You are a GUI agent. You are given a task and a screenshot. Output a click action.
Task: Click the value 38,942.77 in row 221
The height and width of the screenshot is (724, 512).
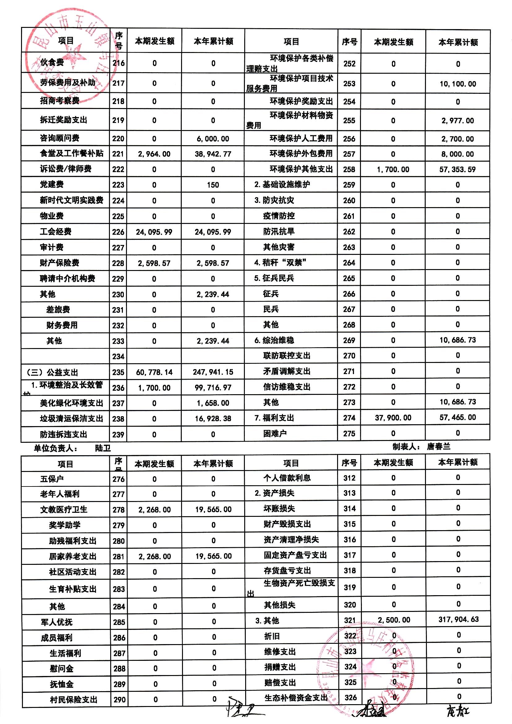pos(213,154)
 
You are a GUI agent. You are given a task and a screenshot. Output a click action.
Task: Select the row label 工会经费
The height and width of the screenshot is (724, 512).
pos(55,232)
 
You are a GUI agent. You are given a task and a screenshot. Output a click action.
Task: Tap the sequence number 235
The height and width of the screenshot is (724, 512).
pos(118,373)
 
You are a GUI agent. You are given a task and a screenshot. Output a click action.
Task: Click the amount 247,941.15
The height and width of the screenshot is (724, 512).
pos(213,373)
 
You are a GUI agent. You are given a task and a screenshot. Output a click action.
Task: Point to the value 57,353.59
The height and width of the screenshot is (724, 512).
pos(458,170)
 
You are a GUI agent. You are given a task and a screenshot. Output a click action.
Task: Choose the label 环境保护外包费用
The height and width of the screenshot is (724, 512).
pos(301,154)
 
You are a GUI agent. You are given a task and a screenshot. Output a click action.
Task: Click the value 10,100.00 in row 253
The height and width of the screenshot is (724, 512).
pos(458,84)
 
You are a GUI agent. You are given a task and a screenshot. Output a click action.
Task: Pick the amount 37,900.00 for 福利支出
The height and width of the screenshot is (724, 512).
pos(393,418)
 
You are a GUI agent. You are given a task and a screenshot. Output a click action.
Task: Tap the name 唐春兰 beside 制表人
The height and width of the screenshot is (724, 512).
pos(439,447)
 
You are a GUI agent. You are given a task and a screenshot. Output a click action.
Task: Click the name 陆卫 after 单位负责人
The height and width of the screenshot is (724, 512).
pos(103,448)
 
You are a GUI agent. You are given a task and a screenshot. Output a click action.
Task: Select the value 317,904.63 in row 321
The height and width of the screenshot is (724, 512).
pos(458,619)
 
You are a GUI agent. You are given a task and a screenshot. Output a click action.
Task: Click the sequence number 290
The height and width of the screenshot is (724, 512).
pos(119,700)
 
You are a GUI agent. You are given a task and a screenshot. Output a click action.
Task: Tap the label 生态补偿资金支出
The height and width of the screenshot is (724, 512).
pos(296,698)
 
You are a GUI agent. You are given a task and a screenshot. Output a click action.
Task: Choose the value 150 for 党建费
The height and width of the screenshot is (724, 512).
pos(213,185)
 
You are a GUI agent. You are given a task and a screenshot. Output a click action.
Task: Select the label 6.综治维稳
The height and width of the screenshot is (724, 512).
pos(274,340)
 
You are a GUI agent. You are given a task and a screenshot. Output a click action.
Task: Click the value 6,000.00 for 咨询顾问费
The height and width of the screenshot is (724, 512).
pos(213,139)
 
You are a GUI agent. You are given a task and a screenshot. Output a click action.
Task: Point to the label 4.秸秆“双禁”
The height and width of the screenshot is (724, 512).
pos(280,263)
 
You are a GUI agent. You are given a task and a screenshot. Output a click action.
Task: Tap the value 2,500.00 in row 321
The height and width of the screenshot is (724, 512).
pos(394,620)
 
